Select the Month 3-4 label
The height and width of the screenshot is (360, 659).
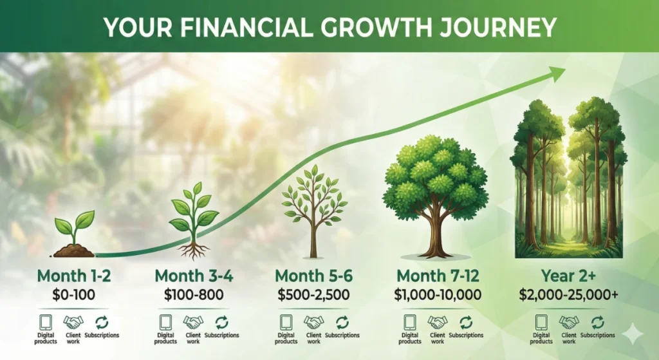[194, 276]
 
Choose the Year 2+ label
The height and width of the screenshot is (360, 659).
[568, 276]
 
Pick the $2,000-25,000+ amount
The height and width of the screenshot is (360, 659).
[568, 296]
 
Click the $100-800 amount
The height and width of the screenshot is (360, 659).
[194, 296]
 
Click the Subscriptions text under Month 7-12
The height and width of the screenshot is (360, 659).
[466, 336]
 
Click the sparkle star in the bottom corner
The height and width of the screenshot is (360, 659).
[633, 332]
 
